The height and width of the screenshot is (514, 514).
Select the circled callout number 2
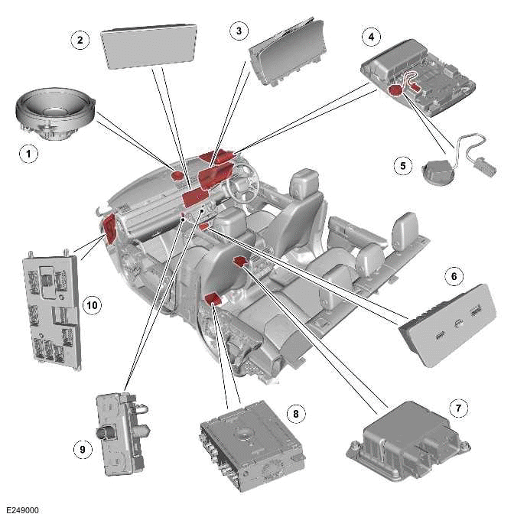80,40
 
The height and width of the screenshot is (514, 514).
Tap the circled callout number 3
239,31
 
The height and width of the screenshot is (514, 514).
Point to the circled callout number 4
371,36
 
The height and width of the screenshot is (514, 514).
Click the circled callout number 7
457,408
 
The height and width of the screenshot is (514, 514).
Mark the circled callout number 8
293,413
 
